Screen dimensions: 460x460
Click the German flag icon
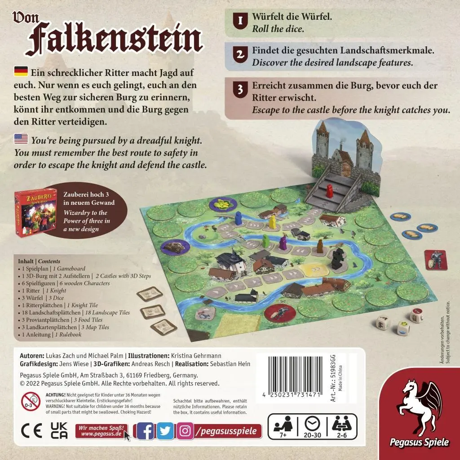point(21,71)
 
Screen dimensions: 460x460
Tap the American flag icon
point(21,140)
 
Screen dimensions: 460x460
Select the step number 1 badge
point(240,21)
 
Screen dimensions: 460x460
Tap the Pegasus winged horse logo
point(420,404)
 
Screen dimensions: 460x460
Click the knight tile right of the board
point(435,260)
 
